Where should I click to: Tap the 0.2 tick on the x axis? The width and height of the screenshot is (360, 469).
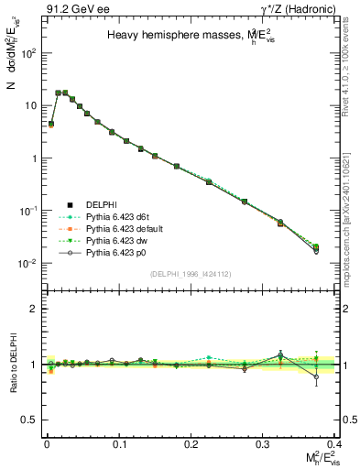(x=190, y=444)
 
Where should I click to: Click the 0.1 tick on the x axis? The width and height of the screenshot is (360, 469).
(x=118, y=444)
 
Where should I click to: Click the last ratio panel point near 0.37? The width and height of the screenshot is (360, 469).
(x=316, y=375)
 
